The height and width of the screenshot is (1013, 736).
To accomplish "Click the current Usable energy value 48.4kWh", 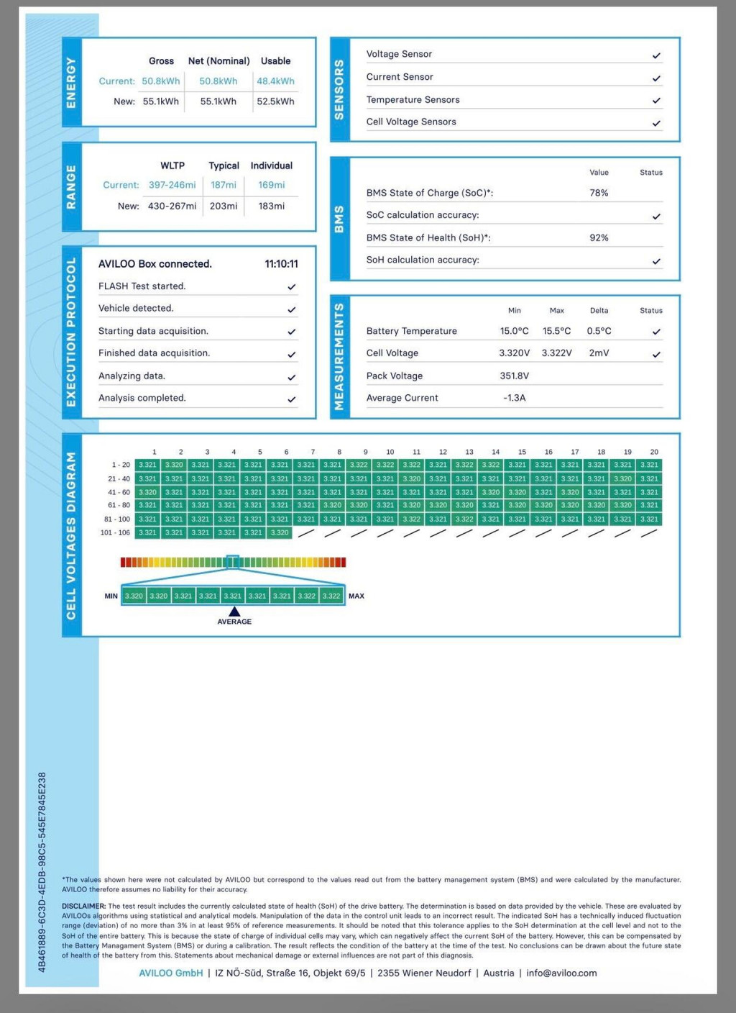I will pyautogui.click(x=275, y=81).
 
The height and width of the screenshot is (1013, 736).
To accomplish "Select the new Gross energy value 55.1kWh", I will pyautogui.click(x=160, y=101).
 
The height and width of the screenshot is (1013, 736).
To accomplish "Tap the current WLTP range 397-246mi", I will pyautogui.click(x=172, y=185).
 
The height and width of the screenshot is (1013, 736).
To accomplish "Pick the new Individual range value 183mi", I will pyautogui.click(x=272, y=206).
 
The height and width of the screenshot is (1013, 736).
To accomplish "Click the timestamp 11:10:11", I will pyautogui.click(x=281, y=264).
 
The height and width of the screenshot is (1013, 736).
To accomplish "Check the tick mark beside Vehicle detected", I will pyautogui.click(x=292, y=309).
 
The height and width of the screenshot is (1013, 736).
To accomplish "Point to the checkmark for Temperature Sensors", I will pyautogui.click(x=656, y=101).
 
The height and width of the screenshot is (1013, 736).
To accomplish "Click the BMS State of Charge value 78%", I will pyautogui.click(x=599, y=193).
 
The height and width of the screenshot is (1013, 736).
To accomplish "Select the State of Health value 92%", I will pyautogui.click(x=599, y=237).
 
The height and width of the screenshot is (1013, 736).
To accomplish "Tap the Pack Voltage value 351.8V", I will pyautogui.click(x=514, y=376).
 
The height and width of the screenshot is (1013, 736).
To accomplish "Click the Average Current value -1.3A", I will pyautogui.click(x=514, y=398).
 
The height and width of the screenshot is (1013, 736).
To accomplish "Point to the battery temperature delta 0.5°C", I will pyautogui.click(x=599, y=331).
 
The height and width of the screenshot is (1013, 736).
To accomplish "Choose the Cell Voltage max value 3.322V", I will pyautogui.click(x=556, y=353).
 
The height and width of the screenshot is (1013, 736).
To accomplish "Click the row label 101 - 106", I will pyautogui.click(x=115, y=533).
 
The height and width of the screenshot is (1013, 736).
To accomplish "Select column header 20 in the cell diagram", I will pyautogui.click(x=654, y=452).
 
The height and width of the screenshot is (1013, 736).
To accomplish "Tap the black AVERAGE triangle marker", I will pyautogui.click(x=234, y=612).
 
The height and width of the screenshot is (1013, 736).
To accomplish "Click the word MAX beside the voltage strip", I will pyautogui.click(x=356, y=596).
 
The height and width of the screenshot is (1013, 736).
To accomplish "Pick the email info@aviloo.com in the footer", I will pyautogui.click(x=561, y=973).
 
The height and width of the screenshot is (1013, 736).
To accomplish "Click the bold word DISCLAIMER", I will pyautogui.click(x=83, y=907).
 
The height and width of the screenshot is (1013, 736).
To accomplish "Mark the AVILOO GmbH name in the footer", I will pyautogui.click(x=170, y=973).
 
